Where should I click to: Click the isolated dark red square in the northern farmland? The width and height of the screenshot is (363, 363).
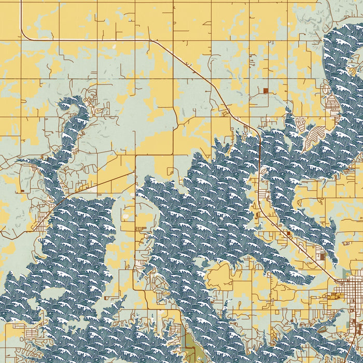(266, 91)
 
